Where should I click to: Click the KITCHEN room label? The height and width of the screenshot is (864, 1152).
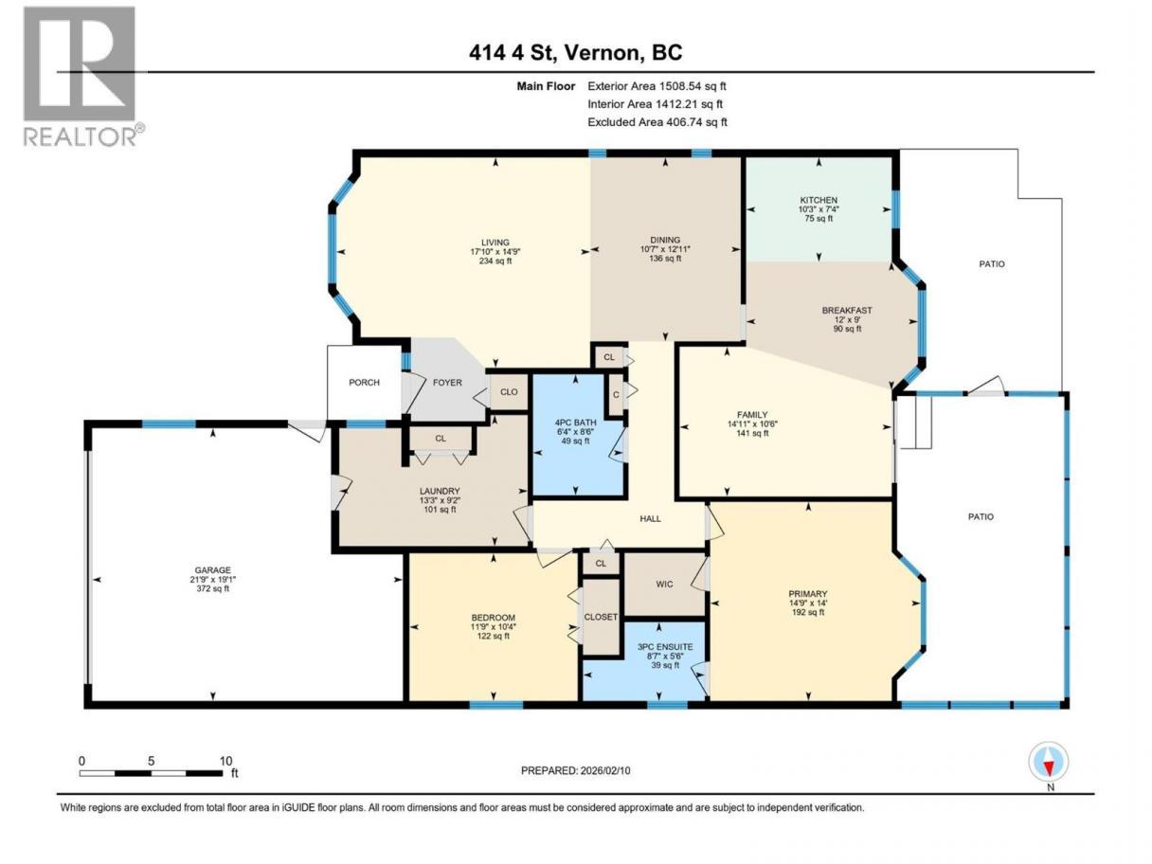coord(819,200)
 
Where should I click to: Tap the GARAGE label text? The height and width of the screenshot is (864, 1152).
coord(212,570)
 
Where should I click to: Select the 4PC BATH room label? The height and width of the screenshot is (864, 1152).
coord(575,423)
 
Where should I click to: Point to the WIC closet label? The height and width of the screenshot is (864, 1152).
coord(664,585)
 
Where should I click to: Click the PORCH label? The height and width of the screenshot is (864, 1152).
coord(364,383)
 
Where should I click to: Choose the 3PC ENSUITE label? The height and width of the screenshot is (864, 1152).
coord(664,647)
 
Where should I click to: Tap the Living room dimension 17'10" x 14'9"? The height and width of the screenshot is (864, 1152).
coord(495,251)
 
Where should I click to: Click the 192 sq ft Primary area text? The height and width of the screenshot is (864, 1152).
coord(808,612)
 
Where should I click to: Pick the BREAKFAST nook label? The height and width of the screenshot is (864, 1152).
coord(847,311)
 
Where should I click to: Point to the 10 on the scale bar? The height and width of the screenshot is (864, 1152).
coord(225,761)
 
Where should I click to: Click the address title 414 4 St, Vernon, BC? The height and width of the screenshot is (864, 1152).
coord(575,52)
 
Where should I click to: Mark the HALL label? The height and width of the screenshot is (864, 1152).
coord(650,519)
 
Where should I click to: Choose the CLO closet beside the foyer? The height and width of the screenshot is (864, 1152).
coord(509,392)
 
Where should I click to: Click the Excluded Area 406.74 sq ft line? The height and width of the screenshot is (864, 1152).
coord(657,122)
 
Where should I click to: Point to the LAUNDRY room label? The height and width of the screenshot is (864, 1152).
coord(440,491)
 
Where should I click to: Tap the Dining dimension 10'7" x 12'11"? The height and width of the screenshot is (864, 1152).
coord(665,249)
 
